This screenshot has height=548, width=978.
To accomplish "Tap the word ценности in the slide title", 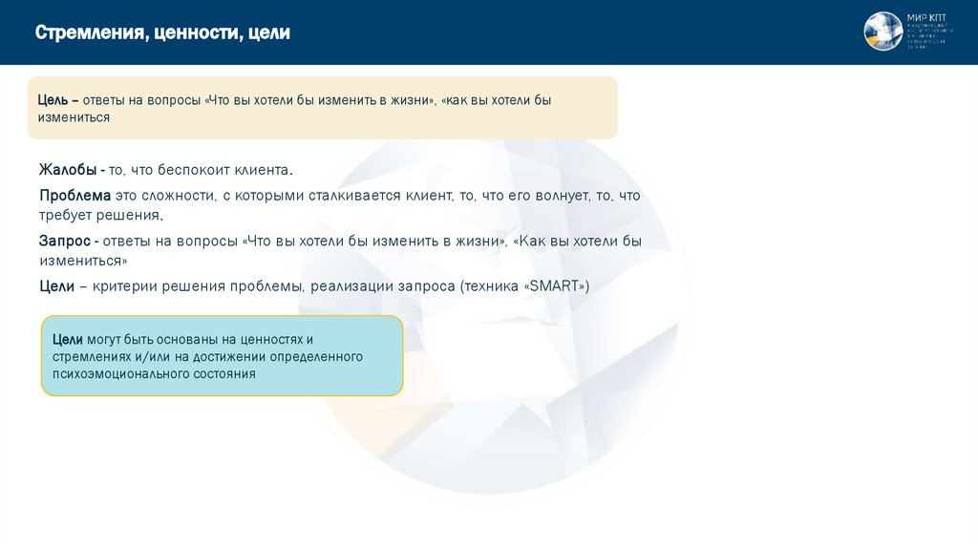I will point(196,33).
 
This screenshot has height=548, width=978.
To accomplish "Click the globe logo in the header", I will point(882,32).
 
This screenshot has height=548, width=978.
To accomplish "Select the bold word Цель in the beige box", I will point(53,100).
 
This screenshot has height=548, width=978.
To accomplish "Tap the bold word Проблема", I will point(75,196).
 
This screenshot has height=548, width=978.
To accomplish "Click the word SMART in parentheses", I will point(555,286).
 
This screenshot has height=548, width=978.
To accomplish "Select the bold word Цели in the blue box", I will point(68,339).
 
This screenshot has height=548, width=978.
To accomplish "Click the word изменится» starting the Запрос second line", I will point(83,261).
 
